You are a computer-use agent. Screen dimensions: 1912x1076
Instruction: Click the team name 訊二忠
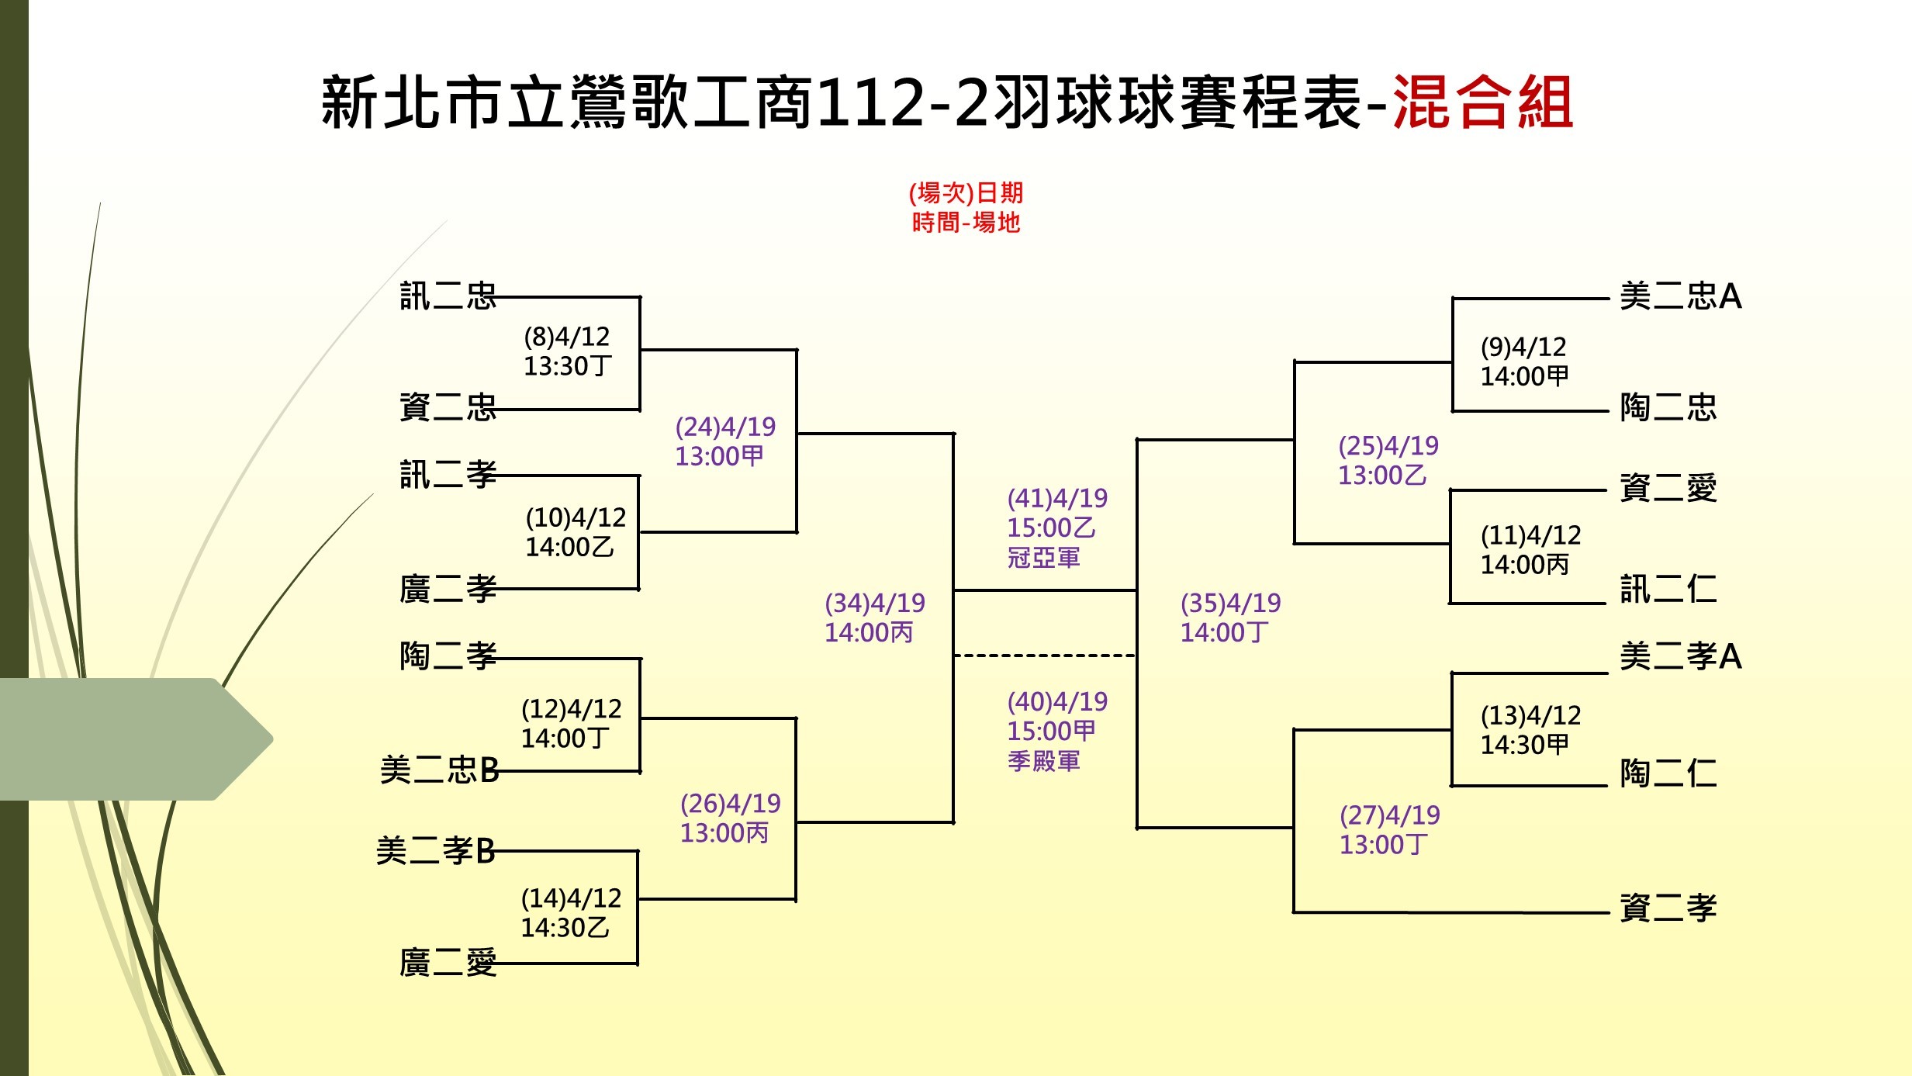(448, 296)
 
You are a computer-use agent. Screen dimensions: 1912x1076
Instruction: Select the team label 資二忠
(448, 407)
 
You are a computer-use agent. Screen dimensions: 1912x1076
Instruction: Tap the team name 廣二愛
(448, 963)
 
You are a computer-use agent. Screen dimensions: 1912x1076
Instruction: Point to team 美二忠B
(439, 770)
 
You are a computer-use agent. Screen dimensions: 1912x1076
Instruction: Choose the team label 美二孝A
(1681, 656)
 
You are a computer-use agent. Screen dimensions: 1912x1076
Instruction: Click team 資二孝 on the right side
(1668, 908)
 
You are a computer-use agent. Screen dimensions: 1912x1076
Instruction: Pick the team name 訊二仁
(1668, 589)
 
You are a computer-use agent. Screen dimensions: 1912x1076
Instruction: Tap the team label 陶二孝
(448, 656)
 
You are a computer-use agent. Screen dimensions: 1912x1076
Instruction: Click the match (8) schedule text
(568, 351)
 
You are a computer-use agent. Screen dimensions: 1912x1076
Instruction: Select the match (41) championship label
(1057, 528)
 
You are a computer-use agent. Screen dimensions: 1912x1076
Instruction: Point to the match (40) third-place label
(1057, 731)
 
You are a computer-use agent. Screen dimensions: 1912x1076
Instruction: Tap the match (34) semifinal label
(875, 618)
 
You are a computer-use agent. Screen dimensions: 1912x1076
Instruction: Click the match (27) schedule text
(1389, 829)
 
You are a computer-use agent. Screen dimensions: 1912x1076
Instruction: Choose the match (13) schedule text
(1530, 730)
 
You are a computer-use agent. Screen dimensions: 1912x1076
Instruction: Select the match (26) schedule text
(730, 818)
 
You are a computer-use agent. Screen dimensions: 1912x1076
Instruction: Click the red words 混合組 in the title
(1483, 102)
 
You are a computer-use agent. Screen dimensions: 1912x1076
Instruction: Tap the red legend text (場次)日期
(966, 192)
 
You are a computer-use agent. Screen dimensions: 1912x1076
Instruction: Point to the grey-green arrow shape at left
(137, 739)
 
